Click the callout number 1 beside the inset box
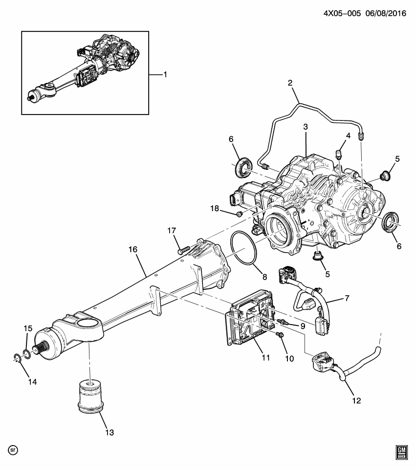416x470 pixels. coord(165,74)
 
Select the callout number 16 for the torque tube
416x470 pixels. coord(133,249)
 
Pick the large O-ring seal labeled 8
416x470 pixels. coord(244,249)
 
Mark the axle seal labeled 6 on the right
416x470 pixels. coord(391,221)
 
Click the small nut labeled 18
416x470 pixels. coord(239,214)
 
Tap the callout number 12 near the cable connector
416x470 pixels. coord(356,400)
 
